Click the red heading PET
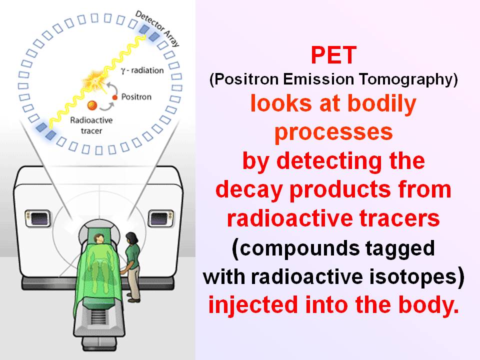[x=333, y=55]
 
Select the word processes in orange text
[x=333, y=132]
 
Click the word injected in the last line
[x=253, y=305]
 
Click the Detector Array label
[x=157, y=29]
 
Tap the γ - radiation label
[x=142, y=70]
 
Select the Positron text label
[x=136, y=96]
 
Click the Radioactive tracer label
[x=91, y=125]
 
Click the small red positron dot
[x=115, y=97]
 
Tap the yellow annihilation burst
[x=95, y=80]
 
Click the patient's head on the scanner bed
[x=99, y=238]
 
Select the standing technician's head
[x=131, y=238]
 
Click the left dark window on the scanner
[x=38, y=218]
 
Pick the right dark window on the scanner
[x=161, y=218]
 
